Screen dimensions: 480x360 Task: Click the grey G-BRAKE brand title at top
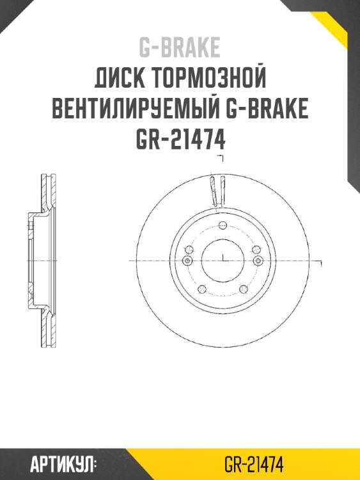(180, 47)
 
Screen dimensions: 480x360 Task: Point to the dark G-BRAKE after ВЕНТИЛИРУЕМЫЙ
(267, 109)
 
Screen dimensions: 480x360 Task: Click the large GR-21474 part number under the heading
(180, 139)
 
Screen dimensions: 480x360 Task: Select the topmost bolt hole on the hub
(222, 225)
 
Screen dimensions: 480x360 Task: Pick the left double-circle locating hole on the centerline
(187, 261)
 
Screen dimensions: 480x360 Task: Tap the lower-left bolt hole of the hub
(201, 289)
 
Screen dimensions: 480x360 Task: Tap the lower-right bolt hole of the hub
(244, 289)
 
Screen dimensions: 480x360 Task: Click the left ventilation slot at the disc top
(214, 190)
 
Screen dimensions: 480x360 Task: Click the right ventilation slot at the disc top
(223, 190)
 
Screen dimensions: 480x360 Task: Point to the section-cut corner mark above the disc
(221, 157)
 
